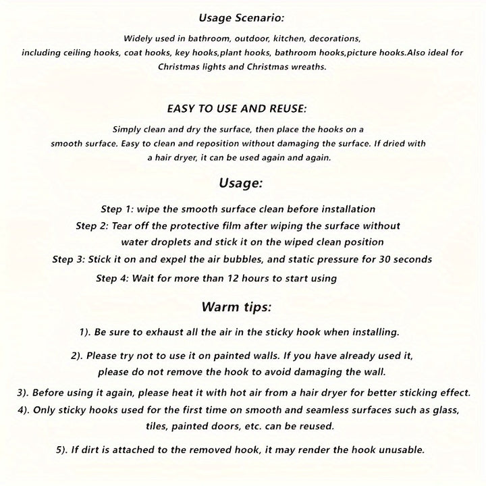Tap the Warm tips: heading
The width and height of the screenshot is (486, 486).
tap(237, 307)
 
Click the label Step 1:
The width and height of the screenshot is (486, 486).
tap(117, 209)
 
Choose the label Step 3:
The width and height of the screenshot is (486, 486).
tap(70, 259)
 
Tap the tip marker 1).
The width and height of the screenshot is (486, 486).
tap(86, 331)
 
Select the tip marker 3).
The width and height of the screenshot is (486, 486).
tap(21, 393)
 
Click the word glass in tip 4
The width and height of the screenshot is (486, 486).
tap(444, 410)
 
